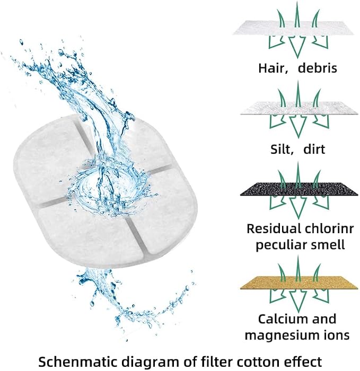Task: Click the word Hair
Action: pyautogui.click(x=273, y=68)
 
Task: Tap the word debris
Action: pyautogui.click(x=317, y=68)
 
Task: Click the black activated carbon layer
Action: pyautogui.click(x=298, y=189)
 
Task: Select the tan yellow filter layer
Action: pyautogui.click(x=299, y=282)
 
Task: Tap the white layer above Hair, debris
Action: pyautogui.click(x=294, y=28)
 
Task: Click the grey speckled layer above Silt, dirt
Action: pyautogui.click(x=298, y=108)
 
